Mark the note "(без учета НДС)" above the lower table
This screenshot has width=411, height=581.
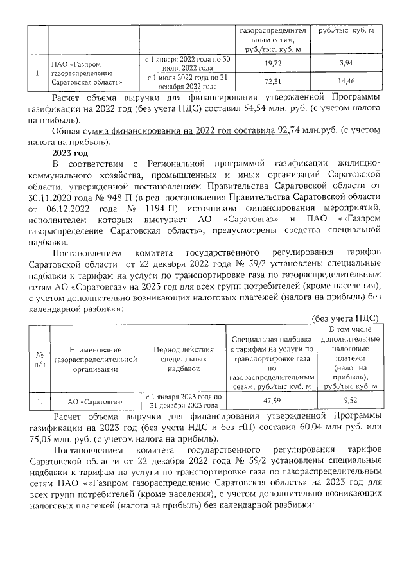click(344, 318)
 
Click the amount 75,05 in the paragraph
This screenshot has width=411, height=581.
click(42, 440)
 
